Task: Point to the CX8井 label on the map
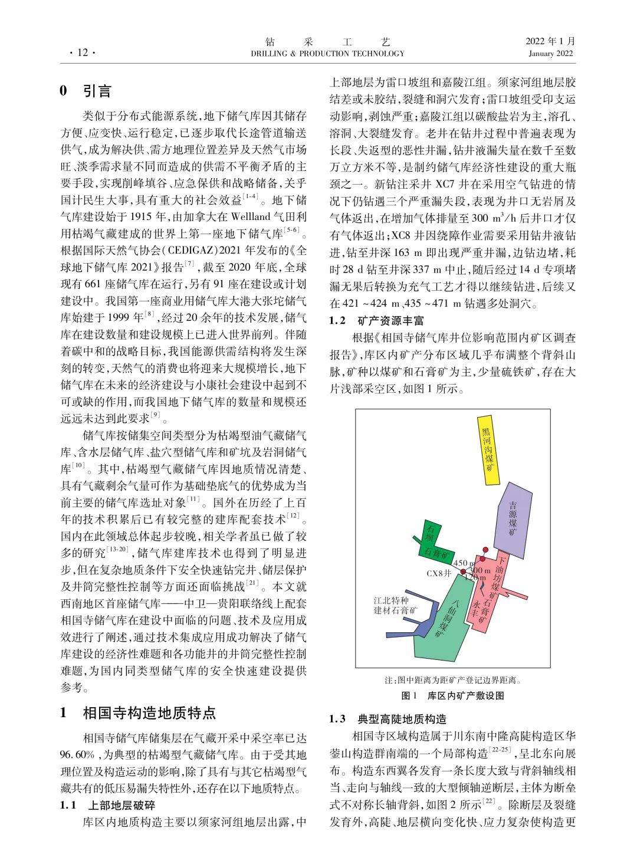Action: pos(439,573)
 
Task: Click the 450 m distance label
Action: pos(464,563)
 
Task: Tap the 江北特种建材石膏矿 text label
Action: pos(395,605)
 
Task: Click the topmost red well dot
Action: pos(486,550)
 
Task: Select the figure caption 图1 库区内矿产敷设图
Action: pos(452,695)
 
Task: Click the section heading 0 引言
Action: pos(86,91)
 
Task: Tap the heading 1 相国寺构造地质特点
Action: pos(139,713)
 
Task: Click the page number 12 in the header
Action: pos(82,53)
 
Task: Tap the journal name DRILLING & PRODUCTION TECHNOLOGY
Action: pos(327,54)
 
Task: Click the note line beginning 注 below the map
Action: pos(452,680)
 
